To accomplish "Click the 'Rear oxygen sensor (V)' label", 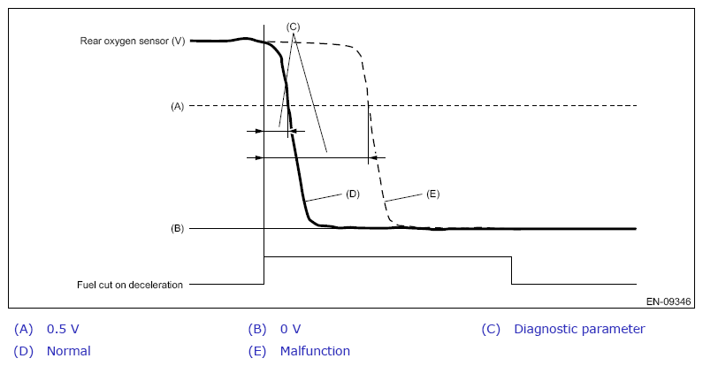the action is click(x=133, y=42).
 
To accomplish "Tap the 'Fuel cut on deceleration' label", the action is click(x=130, y=285).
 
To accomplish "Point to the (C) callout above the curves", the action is click(x=293, y=27).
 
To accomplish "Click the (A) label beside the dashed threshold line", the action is click(x=177, y=107).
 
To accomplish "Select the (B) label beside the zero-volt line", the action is click(x=177, y=228).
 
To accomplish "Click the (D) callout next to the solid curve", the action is click(x=353, y=194).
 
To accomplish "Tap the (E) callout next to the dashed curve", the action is click(x=432, y=194).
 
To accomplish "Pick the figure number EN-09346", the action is click(x=669, y=301).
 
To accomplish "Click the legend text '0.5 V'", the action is click(x=63, y=329).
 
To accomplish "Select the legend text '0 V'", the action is click(x=291, y=329).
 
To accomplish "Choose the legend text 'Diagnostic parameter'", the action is click(x=579, y=329).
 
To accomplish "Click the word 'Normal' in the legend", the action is click(x=69, y=351).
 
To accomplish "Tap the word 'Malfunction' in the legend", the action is click(x=315, y=351).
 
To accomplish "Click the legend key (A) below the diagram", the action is click(x=23, y=329).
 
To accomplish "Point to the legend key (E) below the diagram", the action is click(x=257, y=351).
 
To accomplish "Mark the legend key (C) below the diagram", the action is click(x=491, y=329).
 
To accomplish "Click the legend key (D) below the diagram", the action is click(x=23, y=351).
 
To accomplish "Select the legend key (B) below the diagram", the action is click(x=257, y=329).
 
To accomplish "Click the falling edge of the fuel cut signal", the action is click(x=512, y=271).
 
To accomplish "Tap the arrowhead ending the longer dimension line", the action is click(x=372, y=157).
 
